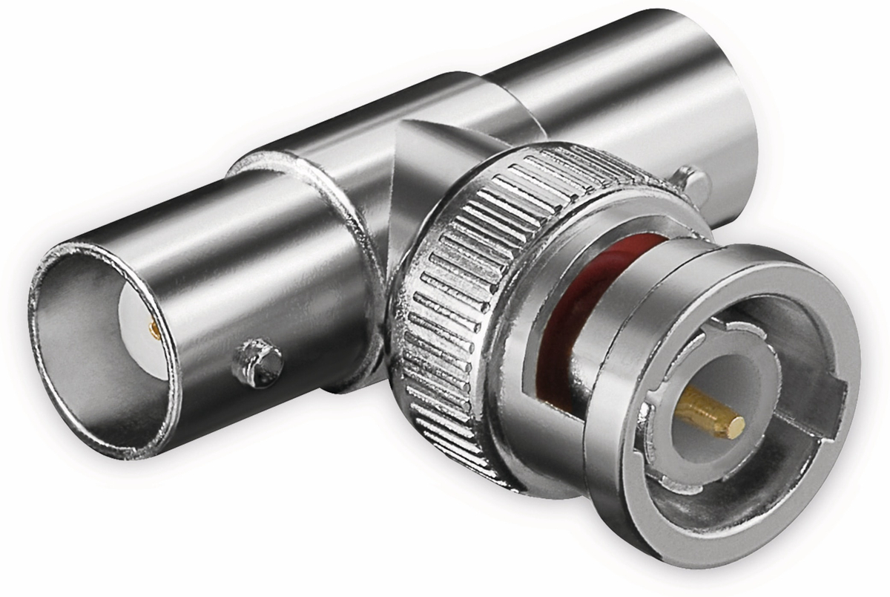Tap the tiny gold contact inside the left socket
tap(154, 330)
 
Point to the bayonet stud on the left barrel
tap(257, 363)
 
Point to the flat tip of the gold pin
tap(736, 427)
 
